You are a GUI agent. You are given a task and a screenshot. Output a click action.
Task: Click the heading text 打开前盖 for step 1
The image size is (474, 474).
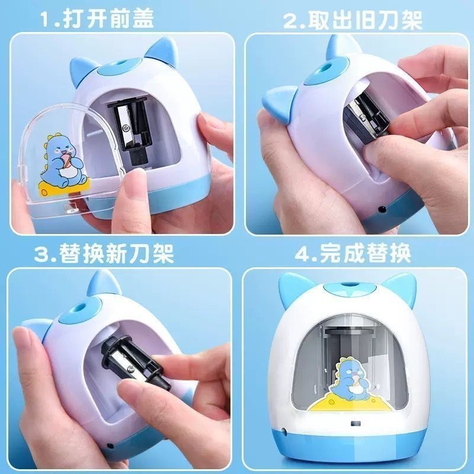(x=108, y=18)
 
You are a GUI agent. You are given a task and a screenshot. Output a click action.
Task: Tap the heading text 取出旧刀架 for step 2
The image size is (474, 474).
(x=365, y=21)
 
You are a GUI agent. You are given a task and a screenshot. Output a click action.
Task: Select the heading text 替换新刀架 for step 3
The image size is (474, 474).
(x=116, y=254)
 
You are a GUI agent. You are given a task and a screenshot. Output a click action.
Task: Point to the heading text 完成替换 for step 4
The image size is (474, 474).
(x=365, y=253)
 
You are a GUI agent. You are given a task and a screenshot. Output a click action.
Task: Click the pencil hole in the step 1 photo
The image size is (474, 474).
(x=118, y=65)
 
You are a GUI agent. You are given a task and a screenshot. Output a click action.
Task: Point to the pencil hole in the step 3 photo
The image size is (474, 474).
(x=80, y=309)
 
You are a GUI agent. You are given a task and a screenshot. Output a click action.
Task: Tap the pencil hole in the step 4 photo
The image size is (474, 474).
(x=349, y=284)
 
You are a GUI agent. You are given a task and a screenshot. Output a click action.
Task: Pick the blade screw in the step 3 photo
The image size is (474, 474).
(x=130, y=369)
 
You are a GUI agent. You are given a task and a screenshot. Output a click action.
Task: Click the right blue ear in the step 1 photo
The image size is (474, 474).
(x=161, y=49)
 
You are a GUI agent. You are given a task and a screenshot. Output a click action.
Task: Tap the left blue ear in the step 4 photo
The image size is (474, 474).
(x=291, y=288)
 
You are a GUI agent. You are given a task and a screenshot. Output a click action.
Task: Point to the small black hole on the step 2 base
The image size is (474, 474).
(x=382, y=209)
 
